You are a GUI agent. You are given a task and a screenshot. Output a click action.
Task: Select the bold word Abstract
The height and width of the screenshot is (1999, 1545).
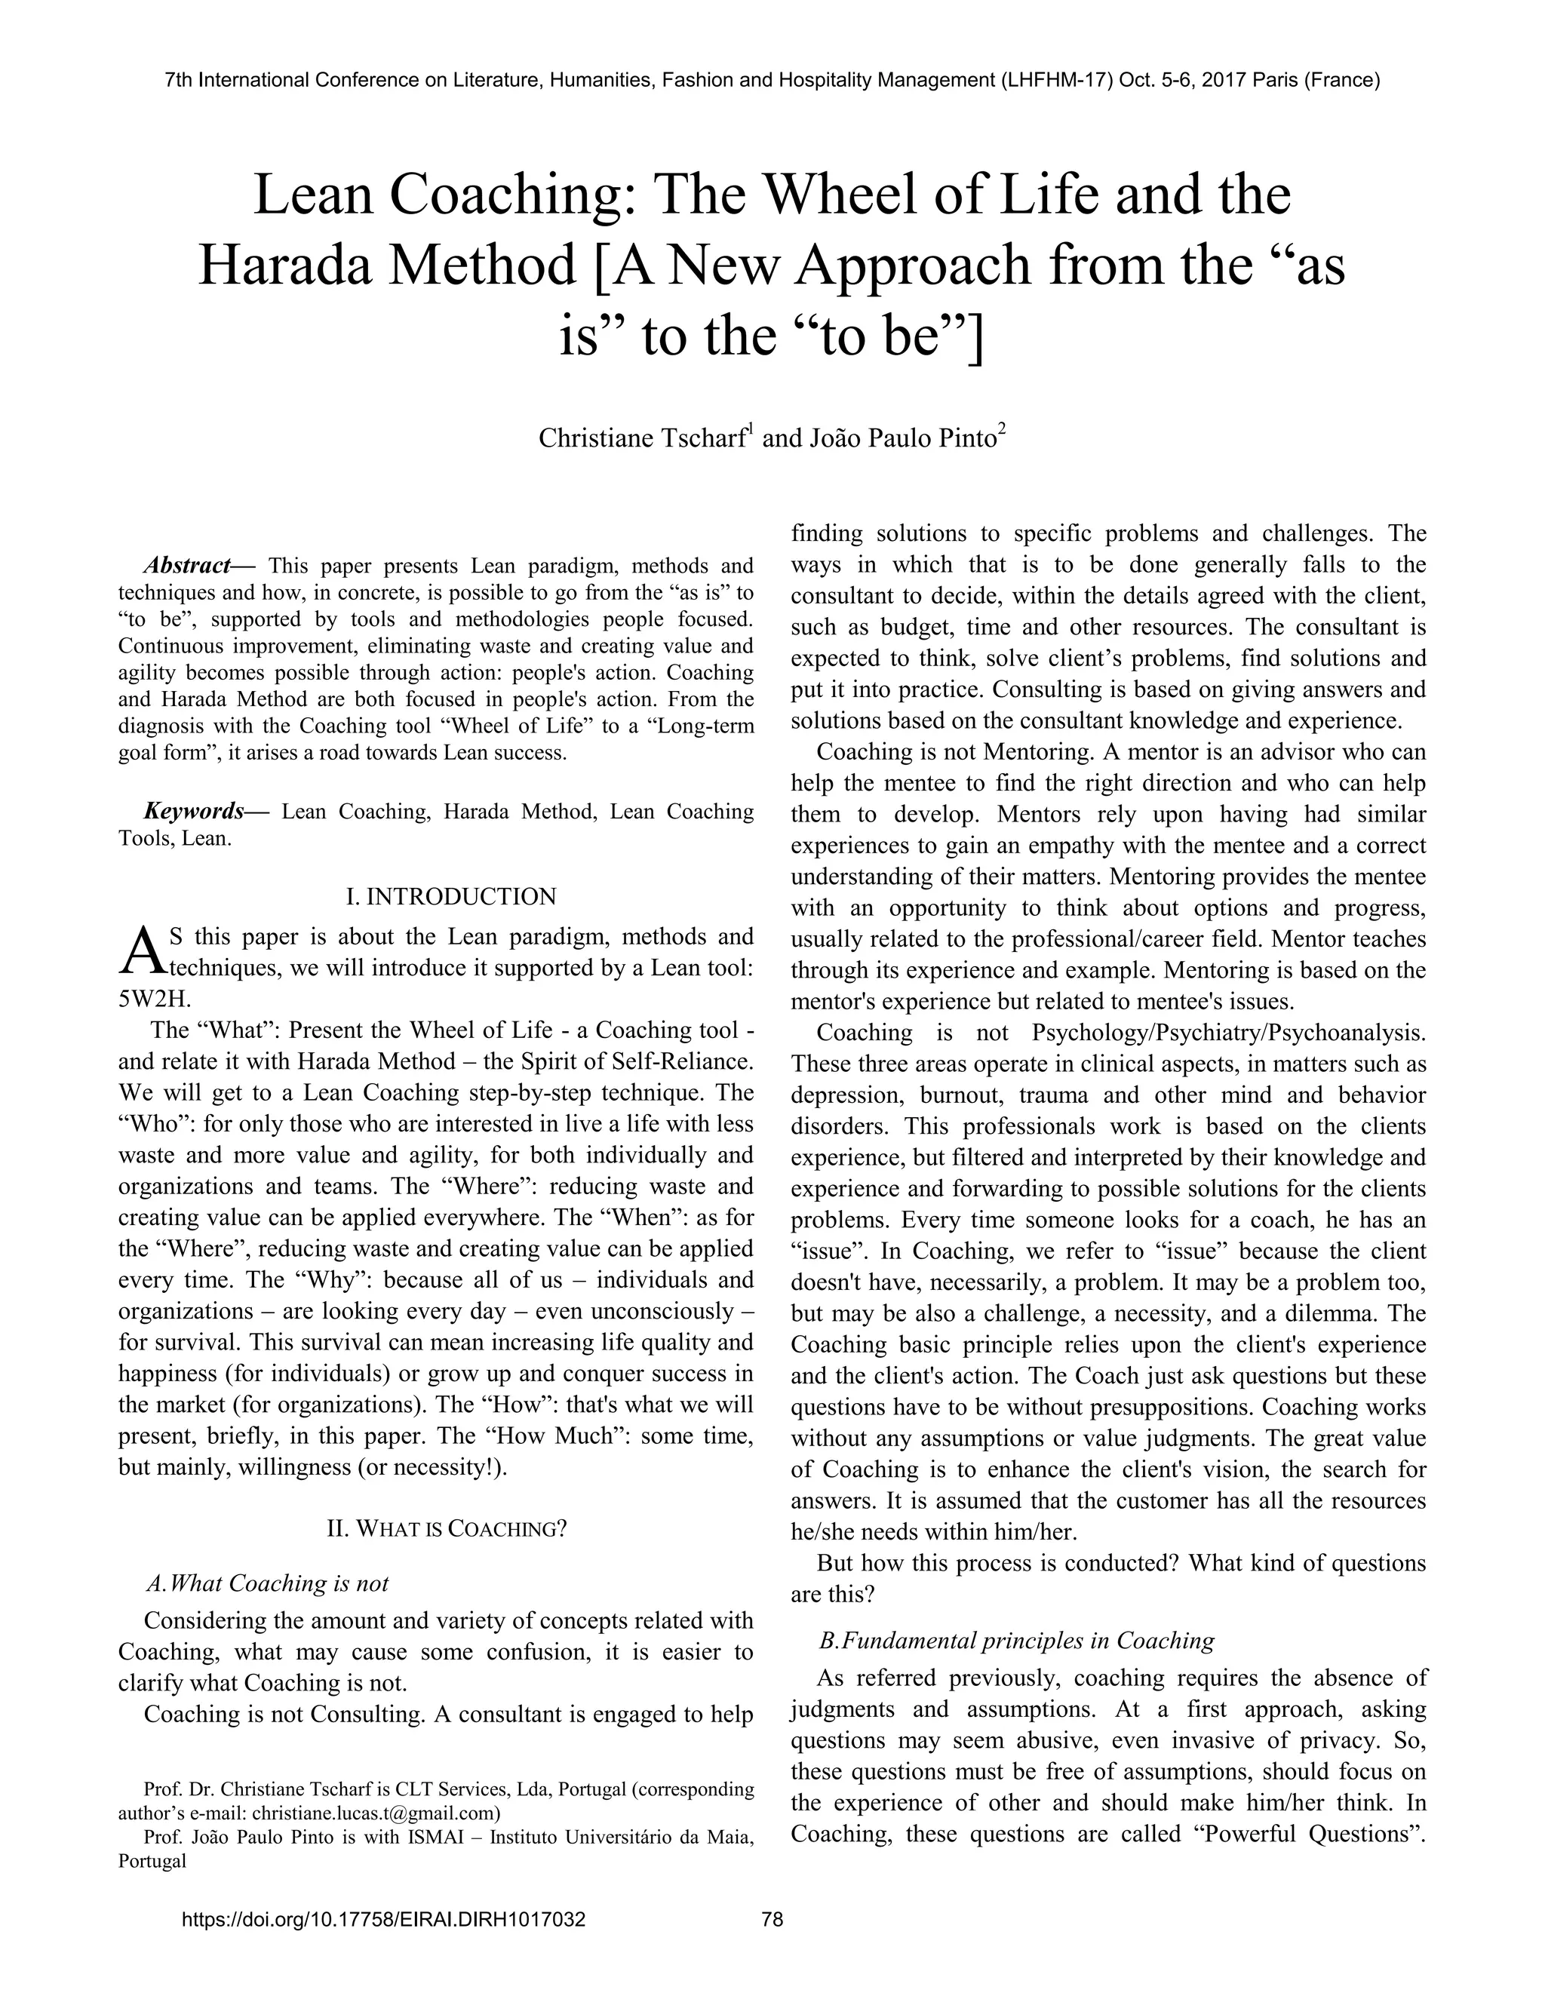pyautogui.click(x=187, y=565)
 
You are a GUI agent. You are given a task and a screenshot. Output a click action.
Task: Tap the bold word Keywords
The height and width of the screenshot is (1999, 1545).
pyautogui.click(x=193, y=811)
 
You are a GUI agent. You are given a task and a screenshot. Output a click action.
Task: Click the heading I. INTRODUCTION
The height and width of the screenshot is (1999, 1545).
pyautogui.click(x=450, y=896)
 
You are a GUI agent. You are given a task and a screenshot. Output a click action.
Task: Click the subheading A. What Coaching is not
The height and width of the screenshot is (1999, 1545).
pyautogui.click(x=266, y=1583)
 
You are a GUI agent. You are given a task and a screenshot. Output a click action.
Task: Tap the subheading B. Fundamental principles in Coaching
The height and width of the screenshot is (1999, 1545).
pyautogui.click(x=1016, y=1640)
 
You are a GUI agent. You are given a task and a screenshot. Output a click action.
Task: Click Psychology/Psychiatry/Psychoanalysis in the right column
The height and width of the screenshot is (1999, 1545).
pyautogui.click(x=1228, y=1033)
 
